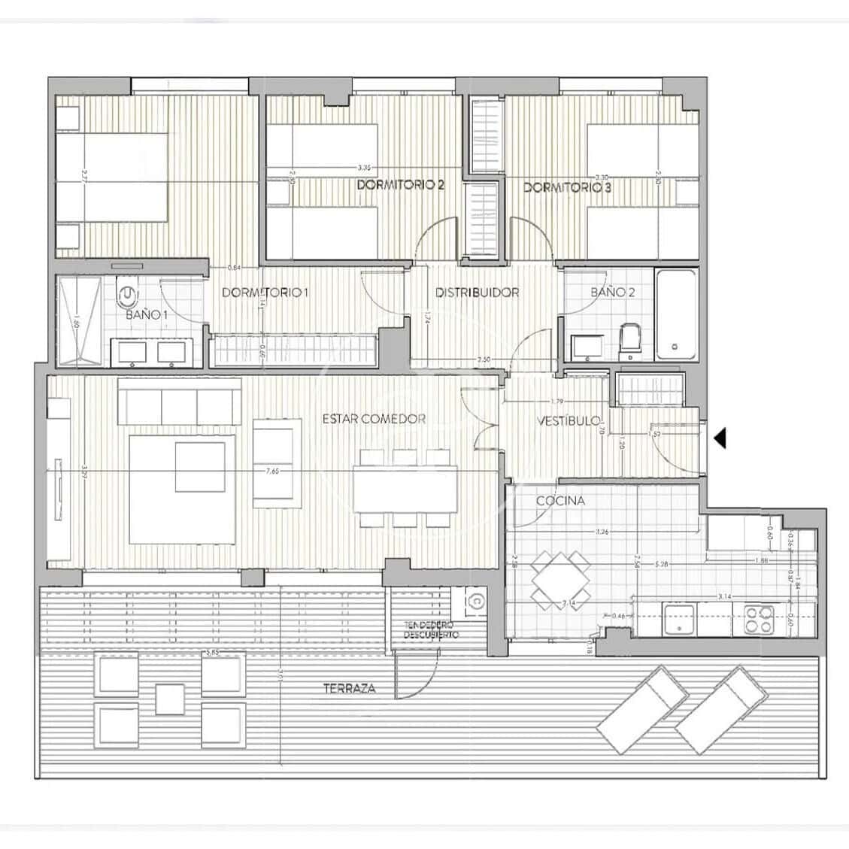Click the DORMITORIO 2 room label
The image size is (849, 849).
tap(400, 185)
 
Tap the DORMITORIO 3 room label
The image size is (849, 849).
tap(567, 187)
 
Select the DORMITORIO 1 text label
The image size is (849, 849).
tap(265, 293)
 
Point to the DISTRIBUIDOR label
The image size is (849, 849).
tap(478, 293)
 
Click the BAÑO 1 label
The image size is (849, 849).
tap(147, 314)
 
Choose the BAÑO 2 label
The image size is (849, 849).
tap(612, 292)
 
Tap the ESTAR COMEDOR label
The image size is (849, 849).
tap(374, 419)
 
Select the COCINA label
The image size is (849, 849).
tap(560, 501)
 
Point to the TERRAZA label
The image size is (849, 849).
tap(349, 688)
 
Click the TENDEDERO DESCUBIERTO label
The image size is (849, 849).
tap(432, 630)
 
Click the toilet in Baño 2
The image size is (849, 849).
tap(629, 338)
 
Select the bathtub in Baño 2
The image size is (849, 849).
tap(678, 314)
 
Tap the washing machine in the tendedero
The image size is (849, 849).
tap(475, 602)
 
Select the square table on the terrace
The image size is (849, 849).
tap(171, 699)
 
